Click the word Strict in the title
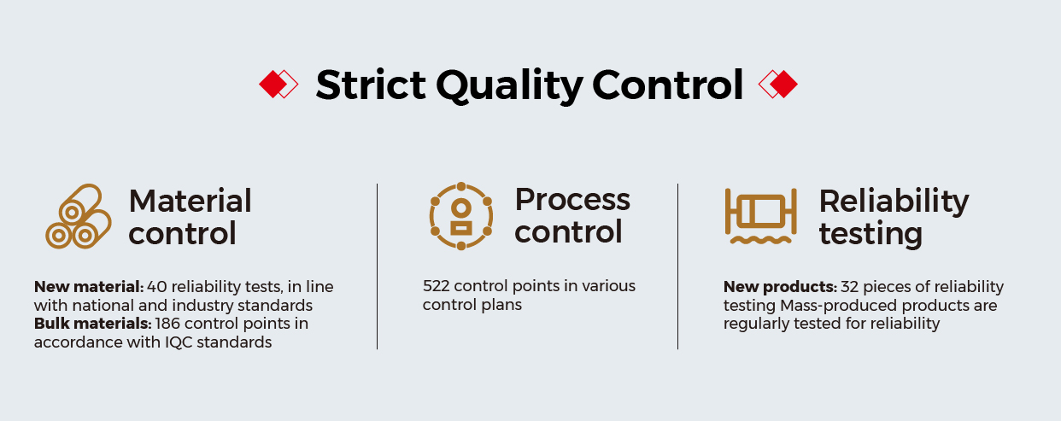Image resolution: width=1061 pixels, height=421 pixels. pyautogui.click(x=371, y=85)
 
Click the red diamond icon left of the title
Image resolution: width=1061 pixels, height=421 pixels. pyautogui.click(x=278, y=85)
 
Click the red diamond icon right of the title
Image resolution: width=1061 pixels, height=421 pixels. pyautogui.click(x=777, y=85)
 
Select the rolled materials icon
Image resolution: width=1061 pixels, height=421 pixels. pyautogui.click(x=78, y=216)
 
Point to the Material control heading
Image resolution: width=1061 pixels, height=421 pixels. pyautogui.click(x=190, y=217)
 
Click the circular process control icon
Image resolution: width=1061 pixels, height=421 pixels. pyautogui.click(x=460, y=216)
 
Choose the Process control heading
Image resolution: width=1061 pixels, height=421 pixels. pyautogui.click(x=572, y=215)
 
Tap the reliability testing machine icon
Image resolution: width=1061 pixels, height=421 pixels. pyautogui.click(x=760, y=216)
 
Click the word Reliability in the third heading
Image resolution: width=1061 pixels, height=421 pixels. pyautogui.click(x=894, y=202)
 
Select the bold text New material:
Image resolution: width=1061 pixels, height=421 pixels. pyautogui.click(x=89, y=287)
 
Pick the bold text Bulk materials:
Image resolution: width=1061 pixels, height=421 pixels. pyautogui.click(x=93, y=324)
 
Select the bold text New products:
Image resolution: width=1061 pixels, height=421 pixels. pyautogui.click(x=780, y=287)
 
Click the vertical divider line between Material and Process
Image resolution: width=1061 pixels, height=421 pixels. pyautogui.click(x=377, y=266)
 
